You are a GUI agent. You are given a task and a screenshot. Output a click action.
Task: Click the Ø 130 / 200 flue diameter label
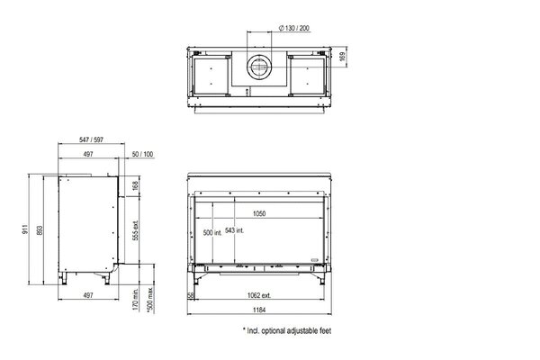[x=293, y=28]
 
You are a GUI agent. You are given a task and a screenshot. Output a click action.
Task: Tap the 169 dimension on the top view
[x=342, y=57]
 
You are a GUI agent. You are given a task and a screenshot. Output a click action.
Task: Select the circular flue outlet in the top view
[x=259, y=67]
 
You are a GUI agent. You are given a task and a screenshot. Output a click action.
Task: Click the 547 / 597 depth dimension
[x=91, y=139]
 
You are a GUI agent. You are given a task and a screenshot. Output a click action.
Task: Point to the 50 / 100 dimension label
[x=142, y=154]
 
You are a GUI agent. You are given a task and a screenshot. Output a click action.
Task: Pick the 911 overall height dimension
[x=25, y=229]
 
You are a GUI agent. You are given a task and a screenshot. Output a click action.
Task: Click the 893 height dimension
[x=40, y=230]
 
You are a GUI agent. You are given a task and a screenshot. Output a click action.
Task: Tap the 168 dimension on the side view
[x=135, y=186]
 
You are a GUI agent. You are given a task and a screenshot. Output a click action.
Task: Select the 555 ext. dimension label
[x=135, y=230]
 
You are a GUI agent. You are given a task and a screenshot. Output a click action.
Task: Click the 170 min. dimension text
[x=135, y=300]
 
